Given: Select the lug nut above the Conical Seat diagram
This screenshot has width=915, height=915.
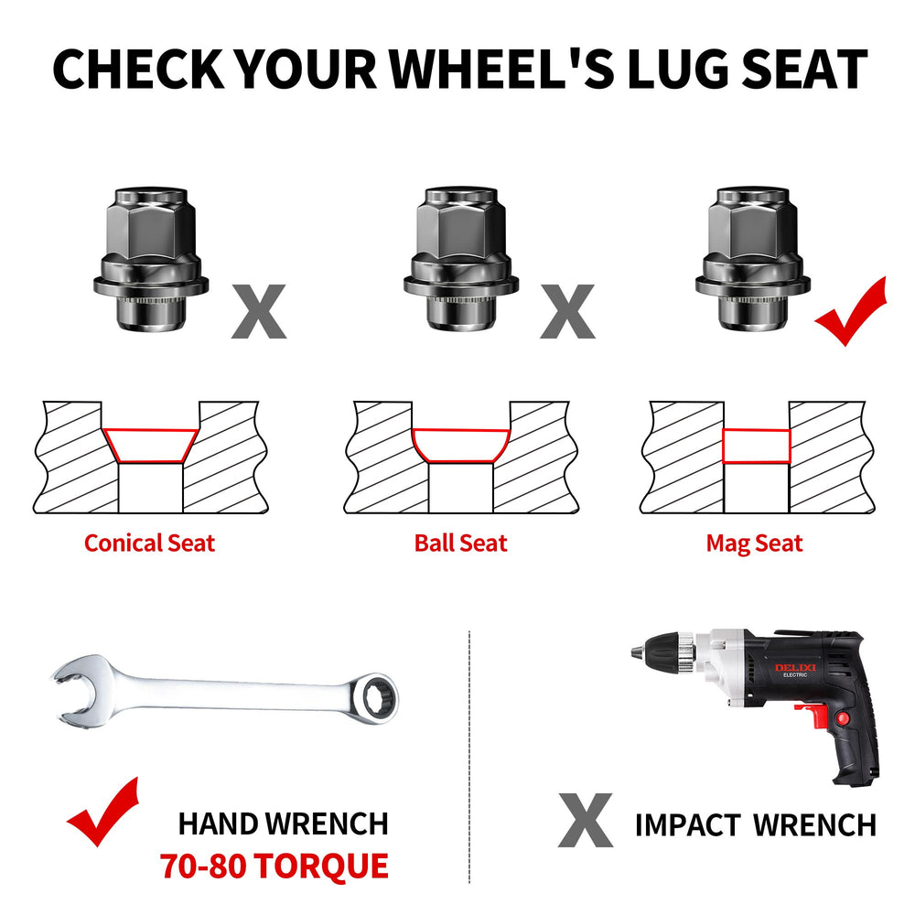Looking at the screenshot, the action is pos(151,259).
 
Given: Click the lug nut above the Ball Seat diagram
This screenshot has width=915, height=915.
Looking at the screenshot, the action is pos(461,259).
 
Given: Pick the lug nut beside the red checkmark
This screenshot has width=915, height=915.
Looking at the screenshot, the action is pos(753,259).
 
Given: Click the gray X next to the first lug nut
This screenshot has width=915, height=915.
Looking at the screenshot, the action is pos(259,312).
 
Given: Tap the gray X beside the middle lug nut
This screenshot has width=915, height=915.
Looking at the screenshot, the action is pos(568,312).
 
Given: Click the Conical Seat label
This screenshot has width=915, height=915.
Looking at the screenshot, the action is pos(149,544).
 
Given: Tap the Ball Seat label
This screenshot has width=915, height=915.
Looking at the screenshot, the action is pos(460,544).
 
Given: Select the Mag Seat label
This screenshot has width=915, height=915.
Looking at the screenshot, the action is pos(754,544).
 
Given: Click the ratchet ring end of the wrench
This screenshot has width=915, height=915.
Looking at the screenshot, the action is pos(373,697).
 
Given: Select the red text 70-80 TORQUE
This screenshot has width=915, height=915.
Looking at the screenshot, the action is pos(274,866).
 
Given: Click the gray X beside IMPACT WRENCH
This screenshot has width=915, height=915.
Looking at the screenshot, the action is pos(586,820).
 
